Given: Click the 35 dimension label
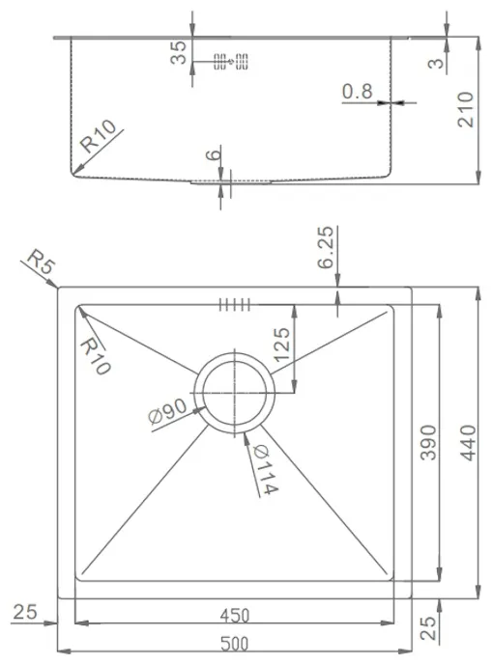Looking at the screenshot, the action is (x=179, y=52).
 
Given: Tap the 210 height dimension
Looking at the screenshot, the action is (x=465, y=109).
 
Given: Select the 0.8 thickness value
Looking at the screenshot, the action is (x=357, y=92).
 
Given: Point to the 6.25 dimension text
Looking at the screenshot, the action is (x=326, y=248).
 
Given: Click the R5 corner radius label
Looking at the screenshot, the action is (x=41, y=262).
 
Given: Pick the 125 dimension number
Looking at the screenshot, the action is (x=282, y=346).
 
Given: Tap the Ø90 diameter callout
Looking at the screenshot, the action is (x=167, y=411).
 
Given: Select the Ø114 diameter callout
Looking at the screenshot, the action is (x=266, y=470).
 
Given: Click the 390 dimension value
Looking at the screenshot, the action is (x=428, y=443).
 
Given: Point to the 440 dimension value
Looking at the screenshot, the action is (x=468, y=443).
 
